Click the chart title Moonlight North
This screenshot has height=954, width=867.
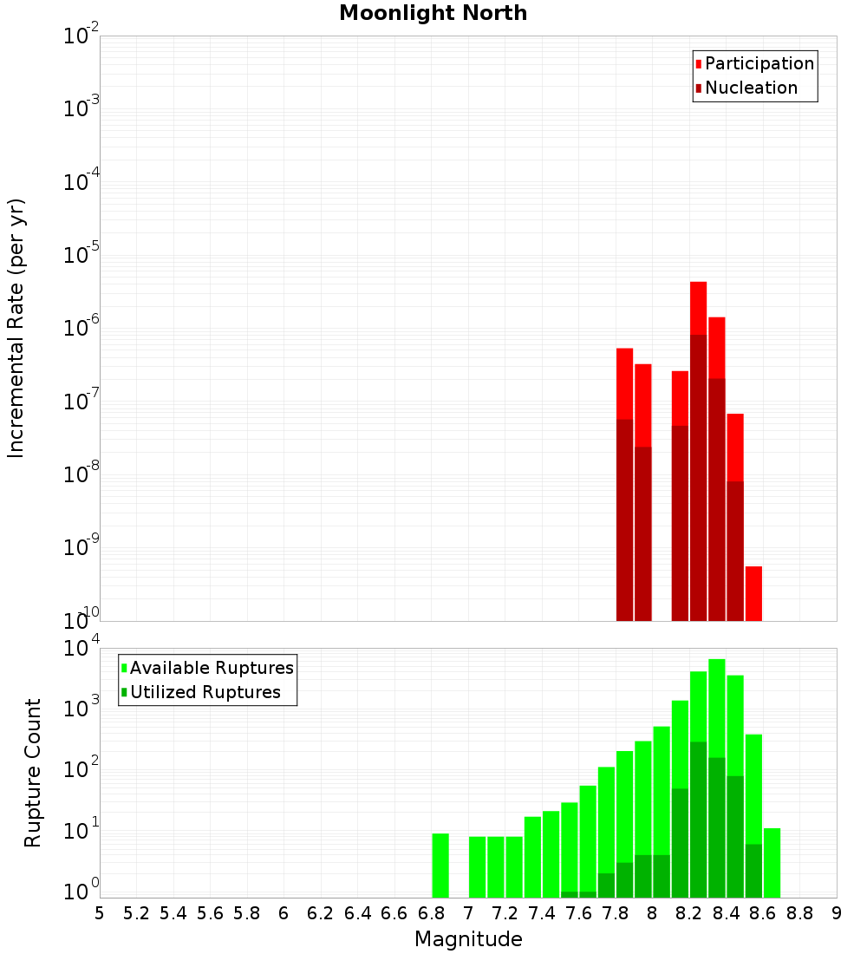pos(433,13)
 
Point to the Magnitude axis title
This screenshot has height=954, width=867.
pos(468,939)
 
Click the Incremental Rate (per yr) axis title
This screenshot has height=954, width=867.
pos(16,328)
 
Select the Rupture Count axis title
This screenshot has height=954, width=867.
pos(33,773)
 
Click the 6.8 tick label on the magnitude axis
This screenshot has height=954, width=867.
pos(431,913)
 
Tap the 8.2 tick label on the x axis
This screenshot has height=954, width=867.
pos(689,913)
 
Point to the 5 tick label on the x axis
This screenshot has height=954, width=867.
pos(100,913)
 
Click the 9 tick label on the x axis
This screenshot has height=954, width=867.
pos(837,913)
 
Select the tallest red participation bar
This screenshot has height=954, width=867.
pos(698,308)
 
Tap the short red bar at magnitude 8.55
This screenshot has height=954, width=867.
pos(753,593)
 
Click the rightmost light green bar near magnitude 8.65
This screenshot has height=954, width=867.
pos(772,863)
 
